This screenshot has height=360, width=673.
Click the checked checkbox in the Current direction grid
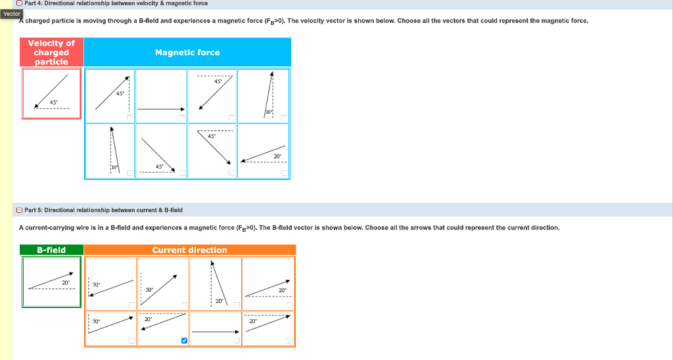pos(183,340)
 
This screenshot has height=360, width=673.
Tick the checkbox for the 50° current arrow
pos(184,305)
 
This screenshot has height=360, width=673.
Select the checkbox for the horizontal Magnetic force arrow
pos(182,118)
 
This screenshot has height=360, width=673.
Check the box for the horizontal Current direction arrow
pos(237,340)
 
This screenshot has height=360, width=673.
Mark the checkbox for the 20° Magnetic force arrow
pos(285,173)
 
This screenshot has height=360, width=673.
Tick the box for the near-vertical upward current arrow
pos(237,305)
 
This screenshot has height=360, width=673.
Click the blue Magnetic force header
pos(187,53)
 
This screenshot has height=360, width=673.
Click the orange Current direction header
pos(189,250)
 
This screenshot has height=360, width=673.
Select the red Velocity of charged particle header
pos(51,53)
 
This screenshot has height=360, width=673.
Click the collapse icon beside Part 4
pos(20,3)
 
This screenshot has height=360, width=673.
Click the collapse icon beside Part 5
pos(20,210)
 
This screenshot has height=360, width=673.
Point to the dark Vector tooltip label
pos(12,14)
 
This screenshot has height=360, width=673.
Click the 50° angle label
pos(149,290)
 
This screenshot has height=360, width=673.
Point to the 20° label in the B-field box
pos(65,282)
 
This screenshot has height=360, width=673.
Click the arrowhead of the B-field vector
pos(70,275)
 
